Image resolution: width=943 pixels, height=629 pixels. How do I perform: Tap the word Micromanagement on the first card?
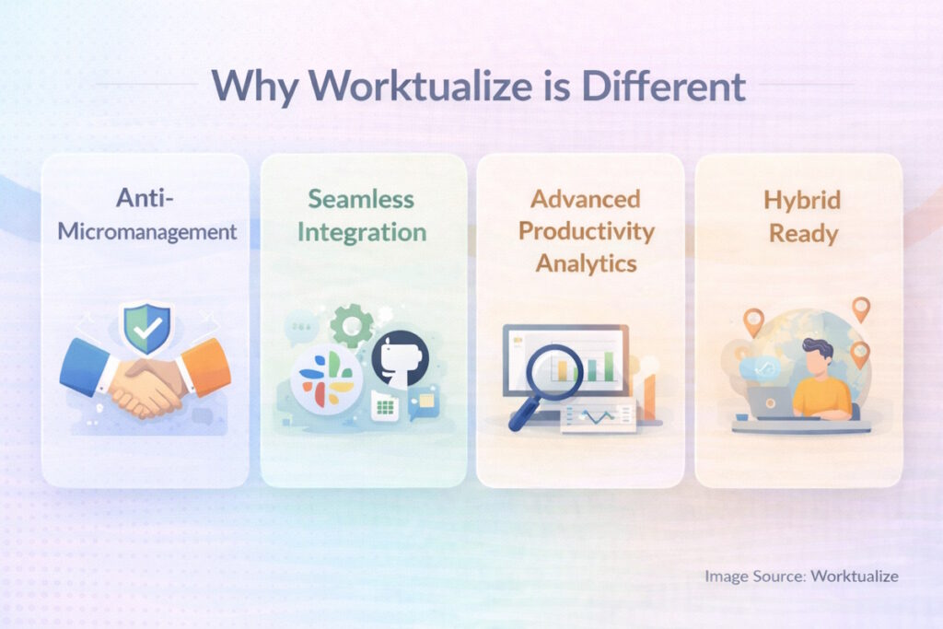click(147, 230)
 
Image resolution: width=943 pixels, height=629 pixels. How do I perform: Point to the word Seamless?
click(361, 199)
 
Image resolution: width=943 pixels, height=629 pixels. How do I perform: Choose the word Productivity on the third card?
click(587, 230)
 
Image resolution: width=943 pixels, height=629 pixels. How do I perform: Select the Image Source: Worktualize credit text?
click(801, 577)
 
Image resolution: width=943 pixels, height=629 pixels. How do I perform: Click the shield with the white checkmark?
click(146, 327)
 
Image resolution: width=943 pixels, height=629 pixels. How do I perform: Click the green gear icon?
click(350, 325)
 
